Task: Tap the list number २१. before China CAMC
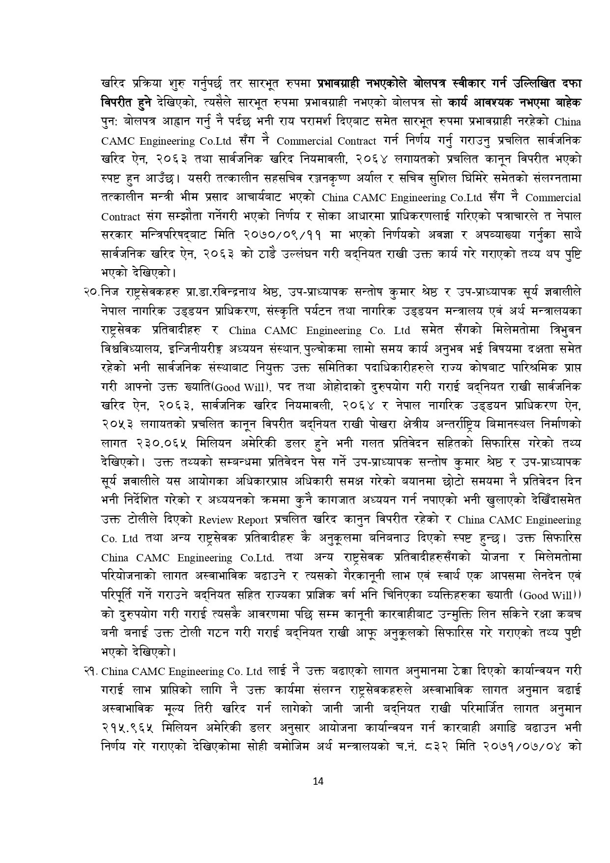91,671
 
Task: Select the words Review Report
233,520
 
